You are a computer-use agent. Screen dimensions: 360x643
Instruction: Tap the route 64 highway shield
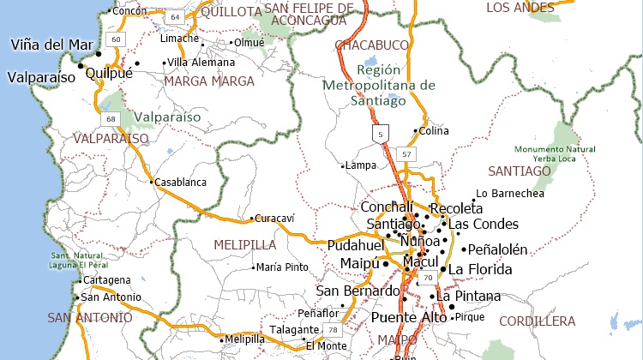tap(175, 16)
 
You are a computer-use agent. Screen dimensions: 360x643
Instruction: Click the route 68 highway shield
tap(111, 118)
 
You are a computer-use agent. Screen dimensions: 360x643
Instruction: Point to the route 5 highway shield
tap(379, 134)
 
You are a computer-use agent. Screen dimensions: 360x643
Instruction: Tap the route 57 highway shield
tap(406, 154)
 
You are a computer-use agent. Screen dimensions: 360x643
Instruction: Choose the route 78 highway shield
tap(331, 329)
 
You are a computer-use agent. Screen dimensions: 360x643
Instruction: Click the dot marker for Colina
tap(415, 131)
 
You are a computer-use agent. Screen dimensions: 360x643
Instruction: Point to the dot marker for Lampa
tap(343, 166)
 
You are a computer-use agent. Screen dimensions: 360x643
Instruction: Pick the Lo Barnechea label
tap(509, 194)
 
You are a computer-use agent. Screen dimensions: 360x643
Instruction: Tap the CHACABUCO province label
tap(370, 45)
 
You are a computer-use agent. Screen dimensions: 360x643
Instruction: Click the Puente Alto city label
tap(409, 317)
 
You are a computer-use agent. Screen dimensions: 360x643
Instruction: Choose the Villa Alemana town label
tap(201, 63)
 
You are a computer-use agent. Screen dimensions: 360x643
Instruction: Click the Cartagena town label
tap(106, 280)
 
